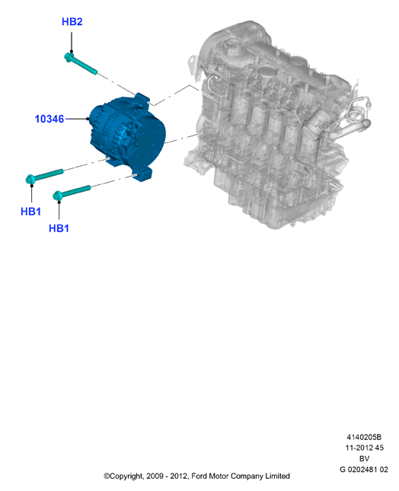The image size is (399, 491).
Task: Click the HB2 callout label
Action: [72, 21]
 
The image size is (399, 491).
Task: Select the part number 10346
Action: [49, 119]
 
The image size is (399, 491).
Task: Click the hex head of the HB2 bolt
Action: [69, 57]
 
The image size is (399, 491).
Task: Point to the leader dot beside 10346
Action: [88, 119]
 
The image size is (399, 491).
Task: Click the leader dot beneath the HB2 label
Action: [72, 51]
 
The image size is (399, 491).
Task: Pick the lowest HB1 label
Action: [59, 228]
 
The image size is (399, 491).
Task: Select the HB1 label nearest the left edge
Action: [30, 212]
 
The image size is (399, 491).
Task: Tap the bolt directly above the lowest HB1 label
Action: [72, 192]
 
